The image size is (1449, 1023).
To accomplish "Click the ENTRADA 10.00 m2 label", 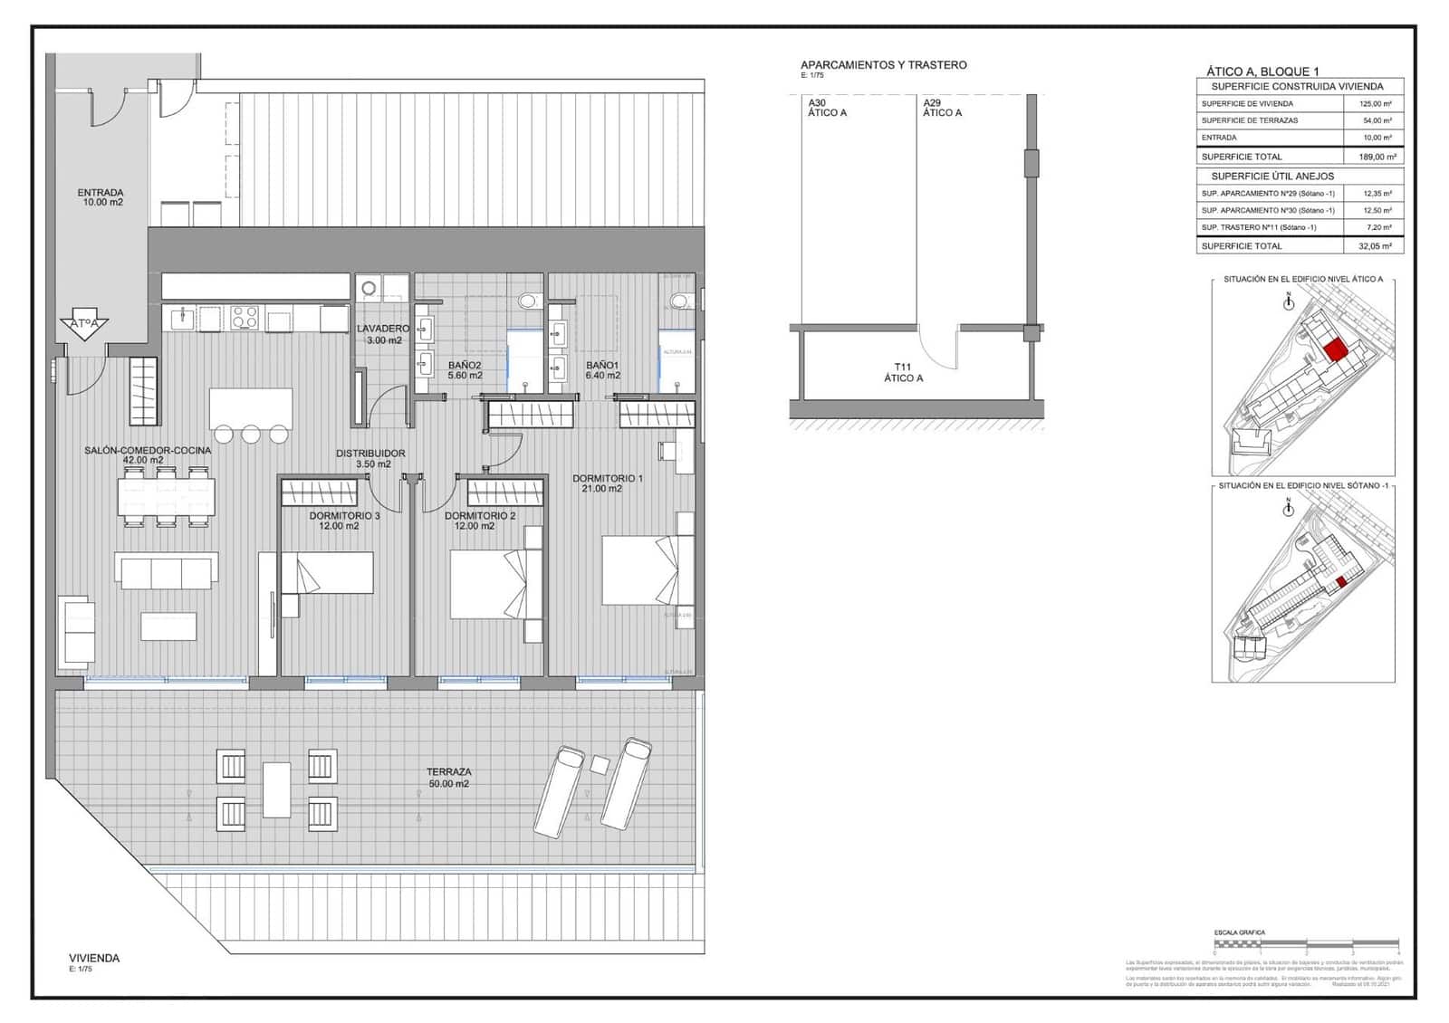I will pyautogui.click(x=100, y=197).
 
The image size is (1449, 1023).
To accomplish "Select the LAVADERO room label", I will pyautogui.click(x=383, y=334).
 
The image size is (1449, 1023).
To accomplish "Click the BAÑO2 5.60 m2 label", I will pyautogui.click(x=465, y=369).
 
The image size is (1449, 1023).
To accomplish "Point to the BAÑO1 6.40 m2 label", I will pyautogui.click(x=602, y=369).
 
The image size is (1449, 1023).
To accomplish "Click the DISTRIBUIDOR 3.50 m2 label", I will pyautogui.click(x=370, y=458).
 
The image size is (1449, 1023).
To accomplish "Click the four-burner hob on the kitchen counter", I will pyautogui.click(x=245, y=318).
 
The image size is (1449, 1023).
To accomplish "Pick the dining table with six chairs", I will pyautogui.click(x=167, y=497).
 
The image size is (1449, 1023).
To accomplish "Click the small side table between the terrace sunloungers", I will pyautogui.click(x=600, y=764).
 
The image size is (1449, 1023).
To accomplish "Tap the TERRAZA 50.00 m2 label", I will pyautogui.click(x=449, y=778).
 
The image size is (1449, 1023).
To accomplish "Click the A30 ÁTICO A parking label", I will pyautogui.click(x=827, y=108).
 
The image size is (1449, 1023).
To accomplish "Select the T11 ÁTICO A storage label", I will pyautogui.click(x=903, y=372).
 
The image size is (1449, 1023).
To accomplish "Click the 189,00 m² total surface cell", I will pyautogui.click(x=1374, y=157).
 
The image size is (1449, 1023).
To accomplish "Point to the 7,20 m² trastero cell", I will pyautogui.click(x=1374, y=227).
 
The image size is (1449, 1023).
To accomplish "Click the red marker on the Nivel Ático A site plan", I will pyautogui.click(x=1334, y=349).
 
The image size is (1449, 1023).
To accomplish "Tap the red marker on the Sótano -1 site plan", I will pyautogui.click(x=1342, y=582).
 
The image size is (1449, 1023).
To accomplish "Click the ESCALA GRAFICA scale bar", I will pyautogui.click(x=1306, y=943).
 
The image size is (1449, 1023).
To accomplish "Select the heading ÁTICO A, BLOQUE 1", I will pyautogui.click(x=1262, y=72).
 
